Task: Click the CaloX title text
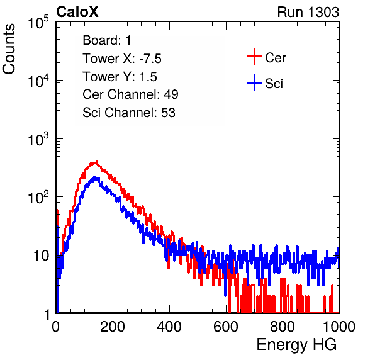pos(77,12)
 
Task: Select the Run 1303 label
pos(308,12)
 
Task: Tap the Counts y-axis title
pos(9,49)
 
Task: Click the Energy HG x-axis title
pos(296,345)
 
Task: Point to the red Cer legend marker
pos(254,57)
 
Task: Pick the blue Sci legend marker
pos(254,82)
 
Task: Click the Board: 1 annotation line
pos(107,40)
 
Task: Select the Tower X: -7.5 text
pos(122,59)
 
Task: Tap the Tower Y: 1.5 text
pos(120,77)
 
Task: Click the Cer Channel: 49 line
pos(130,94)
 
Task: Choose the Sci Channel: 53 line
pos(129,113)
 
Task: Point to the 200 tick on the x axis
pos(113,327)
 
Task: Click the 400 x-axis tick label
pos(169,327)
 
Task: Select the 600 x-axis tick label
pos(226,327)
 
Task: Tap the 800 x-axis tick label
pos(283,327)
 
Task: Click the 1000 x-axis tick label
pos(339,327)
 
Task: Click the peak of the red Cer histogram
pos(96,162)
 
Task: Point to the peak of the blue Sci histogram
pos(95,177)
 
